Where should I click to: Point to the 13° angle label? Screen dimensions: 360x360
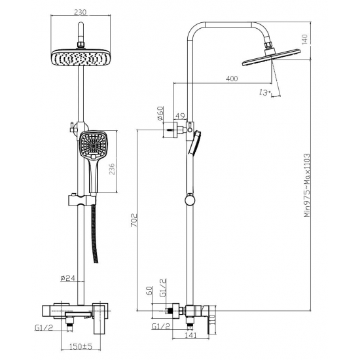point(264,94)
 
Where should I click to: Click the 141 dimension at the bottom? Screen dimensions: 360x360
point(190,335)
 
